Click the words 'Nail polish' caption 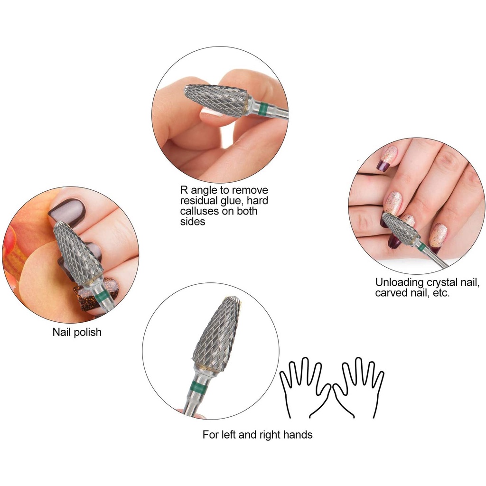click(x=77, y=332)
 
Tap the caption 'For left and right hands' click(x=257, y=435)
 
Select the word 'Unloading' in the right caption click(x=399, y=283)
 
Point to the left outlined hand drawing click(x=304, y=387)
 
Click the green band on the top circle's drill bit click(x=263, y=109)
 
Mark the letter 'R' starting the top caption click(x=184, y=190)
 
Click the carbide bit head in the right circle click(x=399, y=228)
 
